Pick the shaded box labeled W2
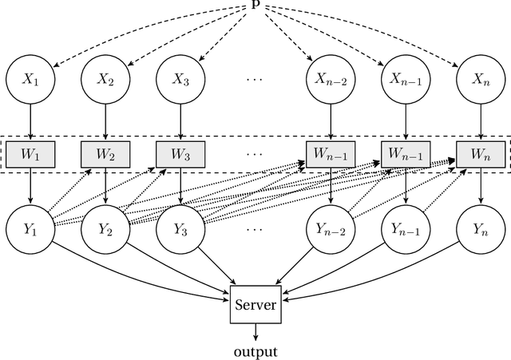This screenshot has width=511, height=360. pyautogui.click(x=106, y=154)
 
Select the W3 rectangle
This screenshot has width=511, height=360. pyautogui.click(x=180, y=154)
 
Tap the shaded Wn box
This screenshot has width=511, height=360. pyautogui.click(x=480, y=154)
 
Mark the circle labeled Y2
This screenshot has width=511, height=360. pyautogui.click(x=106, y=229)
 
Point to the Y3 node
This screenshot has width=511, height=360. pyautogui.click(x=180, y=229)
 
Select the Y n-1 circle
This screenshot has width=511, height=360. pyautogui.click(x=405, y=229)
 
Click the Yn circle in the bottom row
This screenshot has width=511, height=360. pyautogui.click(x=480, y=229)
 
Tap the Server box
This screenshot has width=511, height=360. pyautogui.click(x=255, y=304)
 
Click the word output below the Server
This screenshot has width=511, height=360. pyautogui.click(x=255, y=350)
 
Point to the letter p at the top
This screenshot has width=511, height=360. pyautogui.click(x=255, y=5)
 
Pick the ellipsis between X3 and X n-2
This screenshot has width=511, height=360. pyautogui.click(x=255, y=78)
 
